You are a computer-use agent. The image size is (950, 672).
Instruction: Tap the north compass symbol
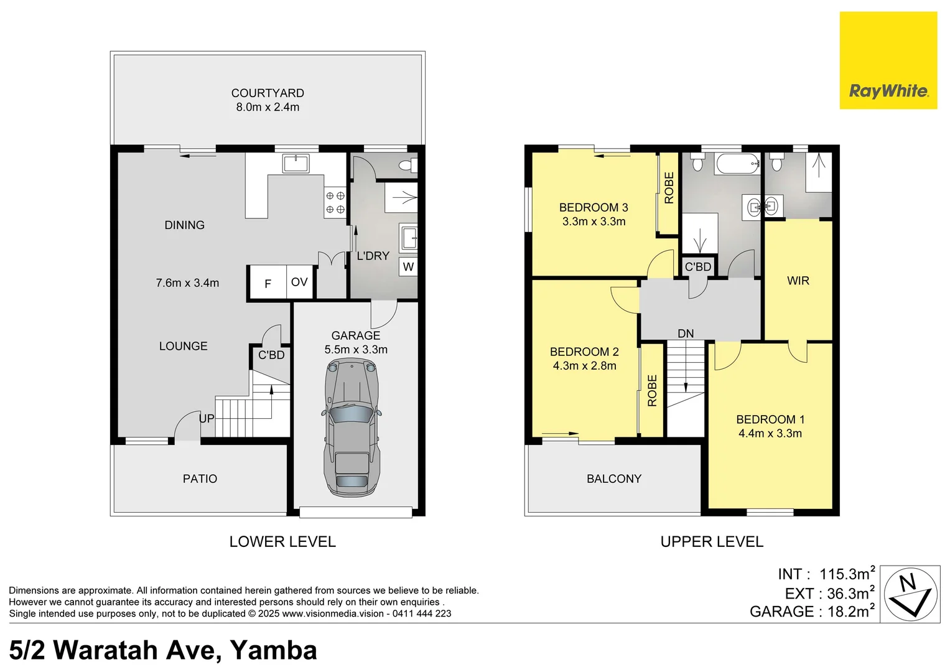911,594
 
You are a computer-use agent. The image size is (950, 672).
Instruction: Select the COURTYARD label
268,93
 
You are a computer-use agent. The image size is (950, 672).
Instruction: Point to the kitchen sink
296,164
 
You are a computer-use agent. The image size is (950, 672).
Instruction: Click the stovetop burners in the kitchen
335,203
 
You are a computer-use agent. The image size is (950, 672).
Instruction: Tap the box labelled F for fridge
268,284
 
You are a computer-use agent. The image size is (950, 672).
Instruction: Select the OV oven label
299,282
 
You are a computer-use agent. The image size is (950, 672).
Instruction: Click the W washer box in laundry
408,267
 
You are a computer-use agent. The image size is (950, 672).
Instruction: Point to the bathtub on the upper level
737,164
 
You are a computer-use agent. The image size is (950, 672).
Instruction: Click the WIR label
798,281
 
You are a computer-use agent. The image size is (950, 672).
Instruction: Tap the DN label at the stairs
686,334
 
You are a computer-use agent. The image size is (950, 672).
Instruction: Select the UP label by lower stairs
207,419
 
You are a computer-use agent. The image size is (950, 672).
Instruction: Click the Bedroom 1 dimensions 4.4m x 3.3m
770,434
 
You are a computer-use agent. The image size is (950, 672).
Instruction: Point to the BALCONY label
613,479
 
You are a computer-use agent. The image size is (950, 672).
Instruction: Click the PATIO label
200,479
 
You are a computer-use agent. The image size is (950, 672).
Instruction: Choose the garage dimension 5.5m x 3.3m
356,350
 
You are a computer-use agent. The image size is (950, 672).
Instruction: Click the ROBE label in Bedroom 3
669,188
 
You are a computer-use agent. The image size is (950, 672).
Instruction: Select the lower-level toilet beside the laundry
407,166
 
